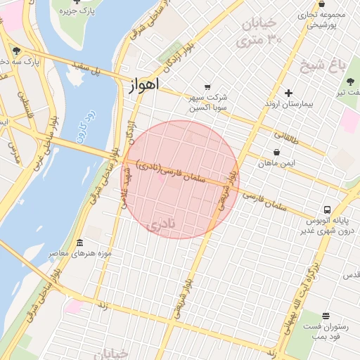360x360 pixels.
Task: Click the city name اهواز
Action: click(x=144, y=84)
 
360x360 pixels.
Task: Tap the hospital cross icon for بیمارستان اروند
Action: click(x=288, y=93)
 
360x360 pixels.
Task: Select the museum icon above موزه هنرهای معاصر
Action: click(x=79, y=242)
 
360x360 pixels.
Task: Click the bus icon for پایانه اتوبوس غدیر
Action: click(x=328, y=210)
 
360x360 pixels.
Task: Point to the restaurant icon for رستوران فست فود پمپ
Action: click(x=326, y=316)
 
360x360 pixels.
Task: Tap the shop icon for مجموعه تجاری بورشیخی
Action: click(x=321, y=4)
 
